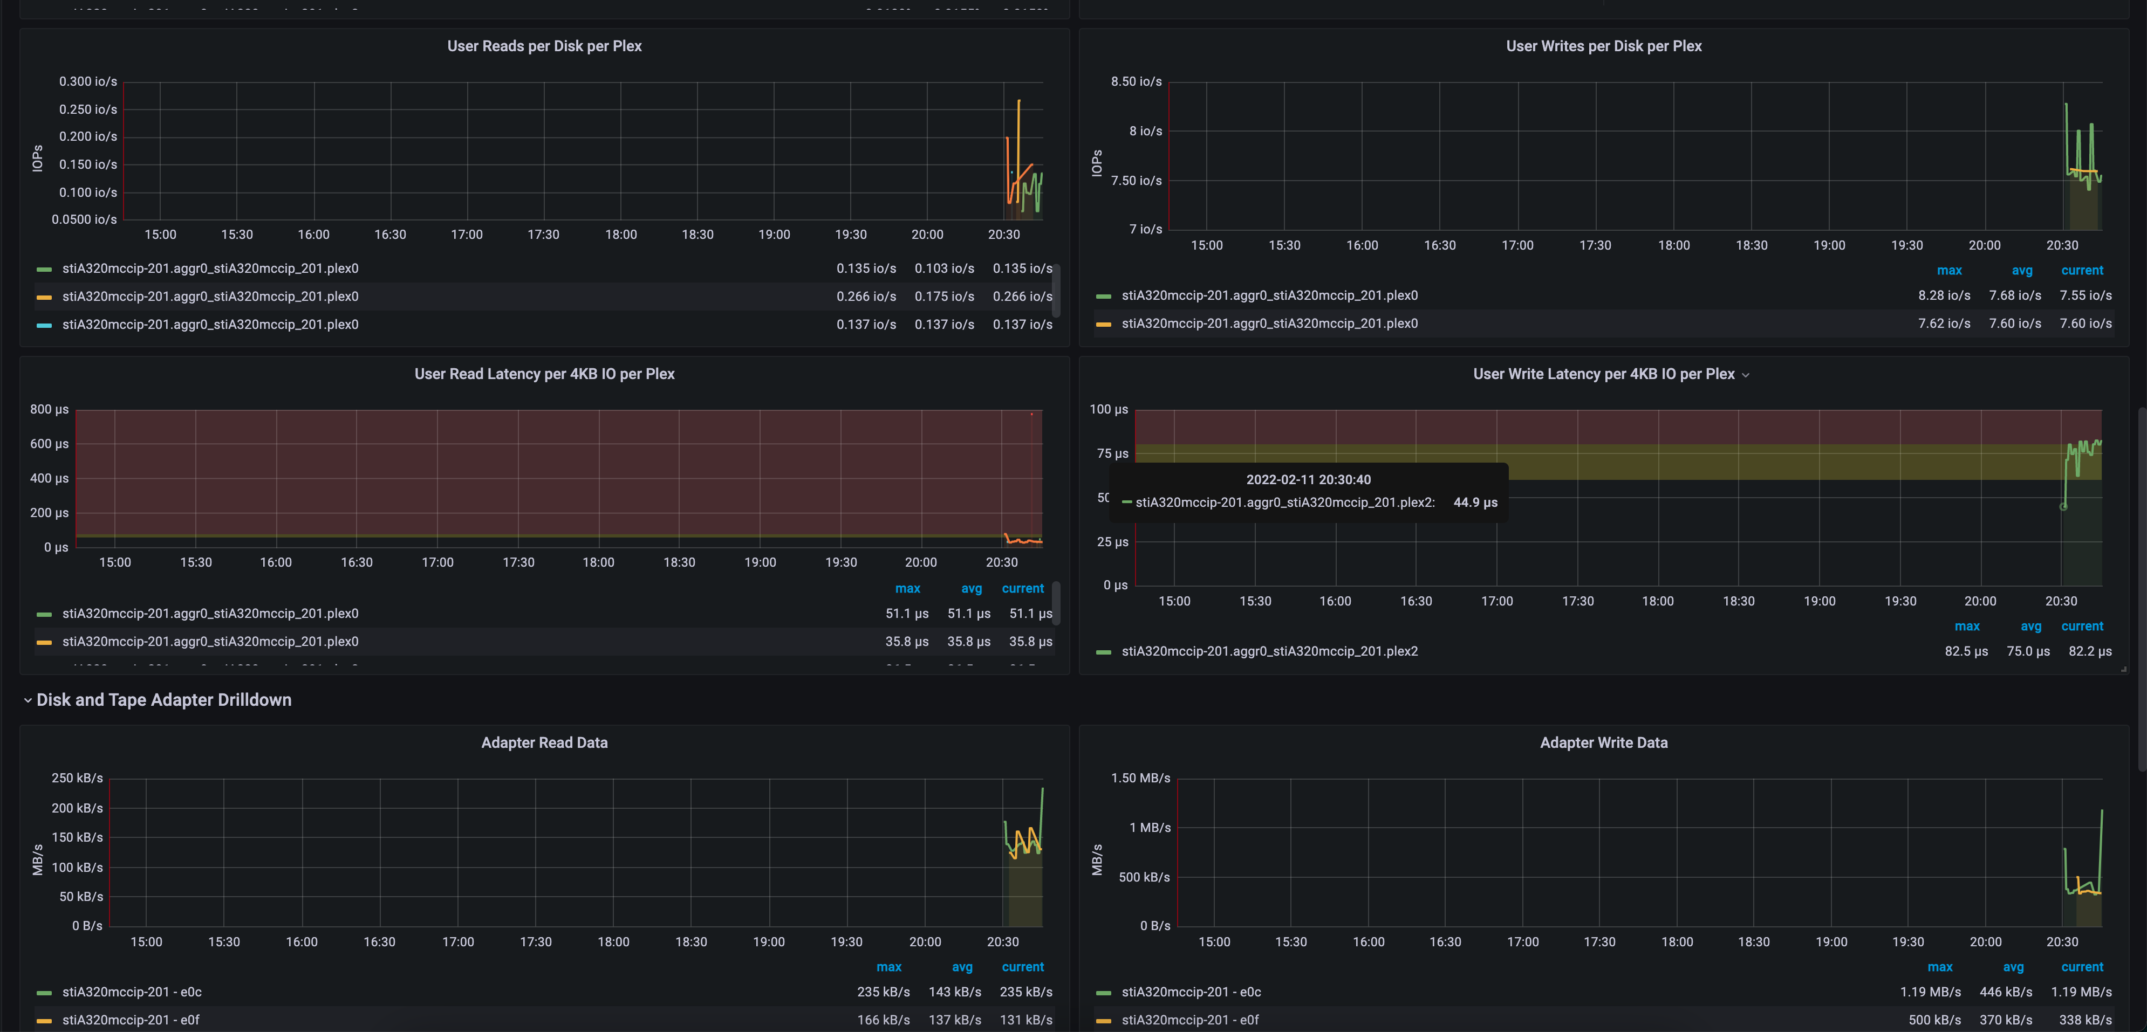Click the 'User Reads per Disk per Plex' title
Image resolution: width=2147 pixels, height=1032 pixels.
coord(544,46)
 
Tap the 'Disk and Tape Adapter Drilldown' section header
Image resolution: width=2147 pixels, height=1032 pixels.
coord(163,700)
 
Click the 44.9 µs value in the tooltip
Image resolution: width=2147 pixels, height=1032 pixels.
coord(1474,503)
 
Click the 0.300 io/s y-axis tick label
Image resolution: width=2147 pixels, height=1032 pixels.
coord(87,81)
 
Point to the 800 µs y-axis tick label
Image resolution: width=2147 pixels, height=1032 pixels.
coord(49,409)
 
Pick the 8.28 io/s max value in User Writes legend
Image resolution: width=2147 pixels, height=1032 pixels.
coord(1944,295)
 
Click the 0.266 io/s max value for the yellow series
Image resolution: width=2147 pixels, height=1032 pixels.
coord(866,297)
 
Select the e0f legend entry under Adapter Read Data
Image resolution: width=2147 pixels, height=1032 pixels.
coord(131,1020)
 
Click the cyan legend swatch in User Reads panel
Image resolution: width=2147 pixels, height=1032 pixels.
coord(44,325)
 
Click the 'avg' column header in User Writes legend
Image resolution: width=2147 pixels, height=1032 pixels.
coord(2021,271)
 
